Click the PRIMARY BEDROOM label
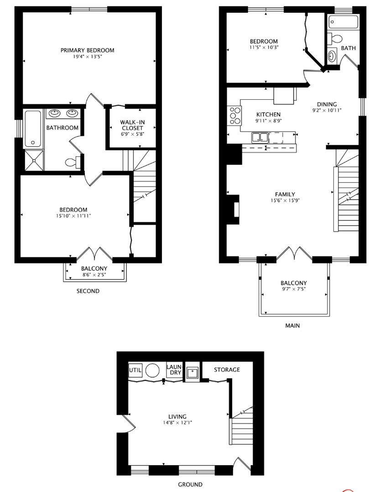coord(87,50)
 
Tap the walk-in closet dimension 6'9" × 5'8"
coord(132,134)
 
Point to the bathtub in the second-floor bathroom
coord(33,128)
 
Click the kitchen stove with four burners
coord(234,115)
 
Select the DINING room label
coord(327,104)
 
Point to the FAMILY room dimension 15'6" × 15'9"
coord(285,200)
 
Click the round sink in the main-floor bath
coord(332,56)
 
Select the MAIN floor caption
coord(292,326)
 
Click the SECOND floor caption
coord(88,291)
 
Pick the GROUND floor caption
coord(190,484)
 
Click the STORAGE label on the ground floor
coord(227,369)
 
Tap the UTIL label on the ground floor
coord(135,369)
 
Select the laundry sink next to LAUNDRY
coord(192,372)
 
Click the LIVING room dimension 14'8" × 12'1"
coord(177,422)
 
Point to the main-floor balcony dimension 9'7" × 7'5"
coord(293,289)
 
